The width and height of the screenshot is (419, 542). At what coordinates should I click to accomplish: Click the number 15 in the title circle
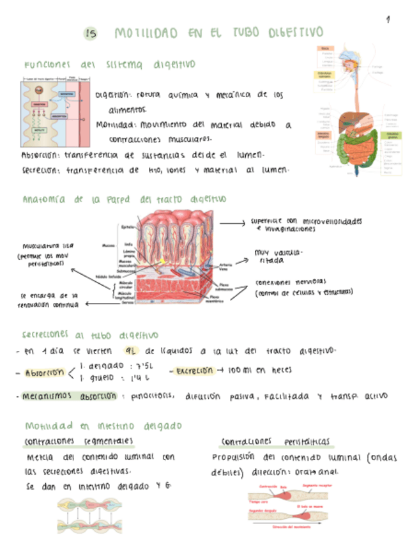point(90,35)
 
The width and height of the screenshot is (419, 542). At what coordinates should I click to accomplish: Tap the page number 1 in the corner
point(388,20)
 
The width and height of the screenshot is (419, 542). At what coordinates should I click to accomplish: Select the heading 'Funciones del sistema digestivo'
point(109,65)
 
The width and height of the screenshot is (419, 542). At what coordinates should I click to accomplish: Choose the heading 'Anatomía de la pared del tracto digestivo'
point(124,199)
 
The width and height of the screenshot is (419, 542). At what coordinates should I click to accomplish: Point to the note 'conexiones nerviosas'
point(291,282)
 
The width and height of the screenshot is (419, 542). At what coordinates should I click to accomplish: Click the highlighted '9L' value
point(133,350)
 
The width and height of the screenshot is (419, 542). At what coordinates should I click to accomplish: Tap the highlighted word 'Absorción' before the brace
point(45,373)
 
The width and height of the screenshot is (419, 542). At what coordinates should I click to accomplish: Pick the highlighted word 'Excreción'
point(191,371)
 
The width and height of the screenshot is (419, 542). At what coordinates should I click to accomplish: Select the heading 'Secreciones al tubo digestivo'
point(90,334)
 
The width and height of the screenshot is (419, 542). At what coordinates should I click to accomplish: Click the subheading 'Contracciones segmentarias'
point(79,441)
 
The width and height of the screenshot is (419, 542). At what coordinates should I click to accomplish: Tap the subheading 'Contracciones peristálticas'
point(275,442)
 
